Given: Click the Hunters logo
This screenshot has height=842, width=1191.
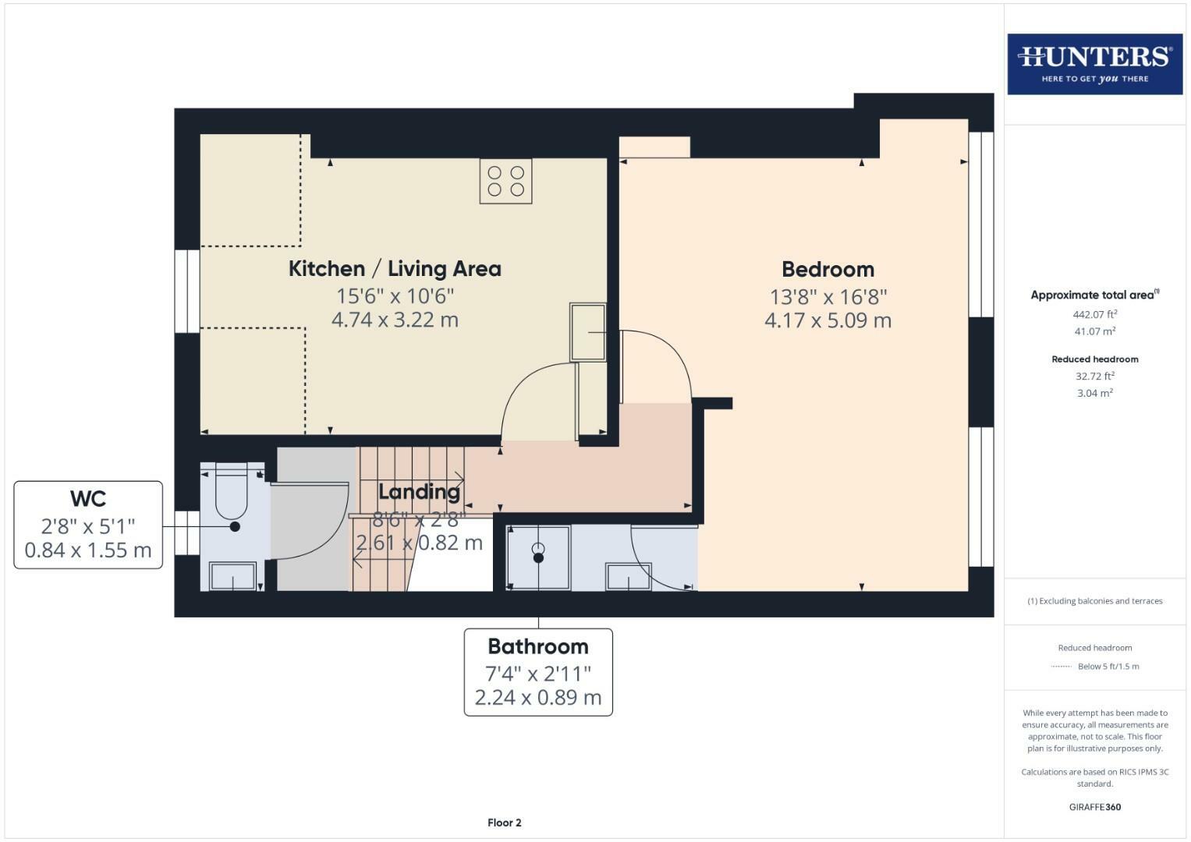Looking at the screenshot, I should [1094, 64].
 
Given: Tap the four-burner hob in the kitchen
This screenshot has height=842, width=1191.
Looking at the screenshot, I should [505, 181].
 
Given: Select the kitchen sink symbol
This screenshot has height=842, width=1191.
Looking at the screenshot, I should [588, 332].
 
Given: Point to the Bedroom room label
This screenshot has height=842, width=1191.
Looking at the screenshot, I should [828, 270].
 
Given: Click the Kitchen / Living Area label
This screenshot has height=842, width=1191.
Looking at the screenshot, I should [395, 269].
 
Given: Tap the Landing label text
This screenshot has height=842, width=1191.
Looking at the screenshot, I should [419, 492].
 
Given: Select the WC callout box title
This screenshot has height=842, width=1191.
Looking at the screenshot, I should [88, 499].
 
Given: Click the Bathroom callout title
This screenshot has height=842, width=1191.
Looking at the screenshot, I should [538, 647].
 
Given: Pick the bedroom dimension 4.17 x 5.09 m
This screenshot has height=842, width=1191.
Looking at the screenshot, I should [828, 320].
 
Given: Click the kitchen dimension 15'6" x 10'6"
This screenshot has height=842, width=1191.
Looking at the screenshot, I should [395, 296].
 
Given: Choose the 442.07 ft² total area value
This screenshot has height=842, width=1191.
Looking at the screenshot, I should [1094, 315].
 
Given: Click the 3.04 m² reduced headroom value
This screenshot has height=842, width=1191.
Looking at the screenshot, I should [1094, 394].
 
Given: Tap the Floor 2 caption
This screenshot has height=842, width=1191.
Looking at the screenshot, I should [504, 823].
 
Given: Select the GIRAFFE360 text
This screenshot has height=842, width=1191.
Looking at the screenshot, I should [1094, 807].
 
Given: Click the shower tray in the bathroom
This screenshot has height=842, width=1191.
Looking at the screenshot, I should [538, 557].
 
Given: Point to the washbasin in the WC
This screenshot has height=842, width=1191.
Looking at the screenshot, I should [232, 577].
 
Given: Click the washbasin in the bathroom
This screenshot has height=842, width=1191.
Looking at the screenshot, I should [628, 577].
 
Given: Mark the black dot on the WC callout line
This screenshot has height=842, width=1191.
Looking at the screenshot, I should [235, 527].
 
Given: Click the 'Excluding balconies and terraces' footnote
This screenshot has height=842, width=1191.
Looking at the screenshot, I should [1094, 601].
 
